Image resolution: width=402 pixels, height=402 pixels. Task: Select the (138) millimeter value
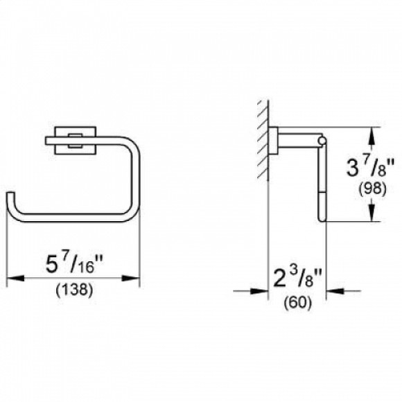[x=73, y=290]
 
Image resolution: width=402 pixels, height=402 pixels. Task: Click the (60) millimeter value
[x=297, y=303]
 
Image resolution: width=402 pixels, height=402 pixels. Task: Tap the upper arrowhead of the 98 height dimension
[x=374, y=132]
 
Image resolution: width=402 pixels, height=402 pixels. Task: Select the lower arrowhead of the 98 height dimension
[x=374, y=216]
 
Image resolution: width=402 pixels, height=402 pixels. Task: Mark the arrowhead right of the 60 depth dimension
[x=331, y=291]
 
